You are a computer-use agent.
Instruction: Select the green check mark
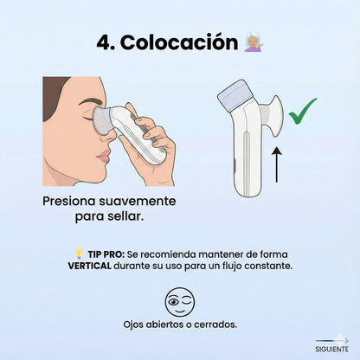tap(302, 110)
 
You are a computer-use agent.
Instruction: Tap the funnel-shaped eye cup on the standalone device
tap(271, 112)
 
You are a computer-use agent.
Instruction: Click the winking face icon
tap(180, 302)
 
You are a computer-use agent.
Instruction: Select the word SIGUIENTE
tap(332, 349)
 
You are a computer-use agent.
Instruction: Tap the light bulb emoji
tap(78, 254)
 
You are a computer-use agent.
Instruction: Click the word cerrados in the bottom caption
tap(213, 325)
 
